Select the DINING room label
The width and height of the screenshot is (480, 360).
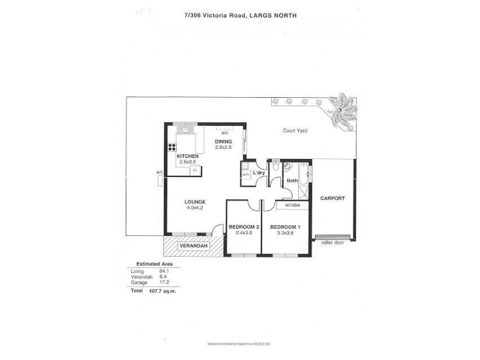(x=223, y=142)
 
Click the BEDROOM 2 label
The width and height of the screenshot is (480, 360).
(x=243, y=226)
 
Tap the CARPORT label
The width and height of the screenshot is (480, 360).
(x=332, y=198)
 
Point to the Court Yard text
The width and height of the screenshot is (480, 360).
(x=295, y=130)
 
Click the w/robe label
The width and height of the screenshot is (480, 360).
(x=292, y=205)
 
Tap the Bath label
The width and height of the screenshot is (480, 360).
(x=292, y=180)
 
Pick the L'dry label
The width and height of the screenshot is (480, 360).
(x=259, y=173)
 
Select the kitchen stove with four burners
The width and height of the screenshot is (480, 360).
(x=172, y=147)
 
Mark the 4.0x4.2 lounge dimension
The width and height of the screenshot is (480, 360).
(x=195, y=208)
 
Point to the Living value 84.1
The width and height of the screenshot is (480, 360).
(x=164, y=272)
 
